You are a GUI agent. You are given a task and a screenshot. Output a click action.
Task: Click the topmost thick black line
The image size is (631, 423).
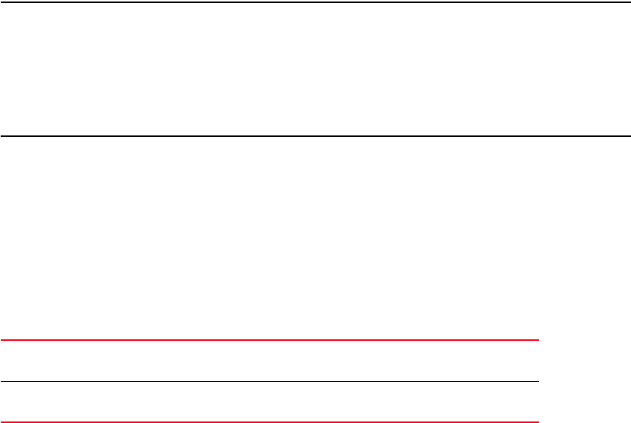(315, 2)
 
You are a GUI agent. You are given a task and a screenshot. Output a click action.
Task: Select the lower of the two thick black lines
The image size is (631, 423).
(315, 137)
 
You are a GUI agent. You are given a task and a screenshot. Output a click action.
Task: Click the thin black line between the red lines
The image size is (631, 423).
(269, 381)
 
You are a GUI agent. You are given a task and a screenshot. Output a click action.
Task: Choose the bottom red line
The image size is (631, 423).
(269, 421)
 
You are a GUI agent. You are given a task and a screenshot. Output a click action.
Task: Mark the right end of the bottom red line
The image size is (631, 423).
(537, 421)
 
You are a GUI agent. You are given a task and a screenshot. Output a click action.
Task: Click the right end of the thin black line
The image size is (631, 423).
(537, 381)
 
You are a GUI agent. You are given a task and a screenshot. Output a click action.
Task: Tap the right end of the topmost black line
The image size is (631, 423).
(629, 2)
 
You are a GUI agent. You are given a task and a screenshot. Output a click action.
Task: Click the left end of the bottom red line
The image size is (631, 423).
(2, 421)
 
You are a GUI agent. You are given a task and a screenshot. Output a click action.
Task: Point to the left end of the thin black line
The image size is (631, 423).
(2, 381)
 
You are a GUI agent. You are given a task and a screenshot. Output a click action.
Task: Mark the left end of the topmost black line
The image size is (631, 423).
(2, 2)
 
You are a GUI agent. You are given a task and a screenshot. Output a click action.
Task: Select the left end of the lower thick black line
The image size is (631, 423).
(2, 137)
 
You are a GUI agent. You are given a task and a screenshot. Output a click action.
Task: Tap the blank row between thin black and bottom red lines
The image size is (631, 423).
(269, 402)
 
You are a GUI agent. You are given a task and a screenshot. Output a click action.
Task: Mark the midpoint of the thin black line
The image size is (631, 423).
(269, 381)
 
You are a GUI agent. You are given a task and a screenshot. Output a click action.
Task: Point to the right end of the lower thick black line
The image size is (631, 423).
(629, 137)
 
